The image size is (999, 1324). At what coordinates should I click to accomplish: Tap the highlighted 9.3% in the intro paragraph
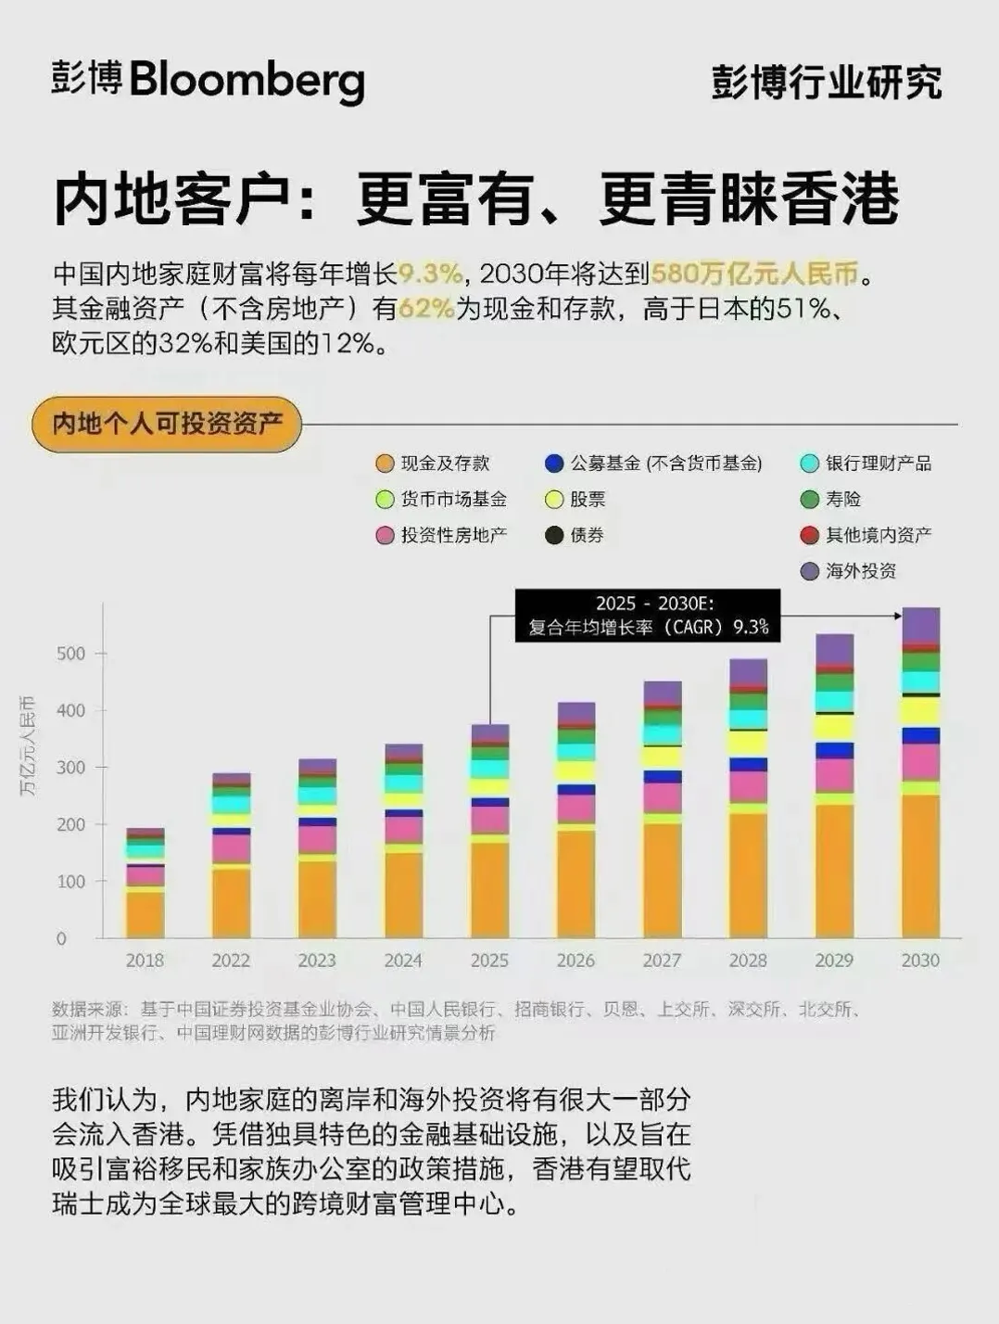pyautogui.click(x=431, y=274)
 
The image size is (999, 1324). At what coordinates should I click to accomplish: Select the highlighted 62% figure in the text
pyautogui.click(x=425, y=309)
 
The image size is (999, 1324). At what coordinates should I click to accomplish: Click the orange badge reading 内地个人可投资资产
pyautogui.click(x=167, y=424)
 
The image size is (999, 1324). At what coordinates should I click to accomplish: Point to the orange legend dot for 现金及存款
pyautogui.click(x=386, y=464)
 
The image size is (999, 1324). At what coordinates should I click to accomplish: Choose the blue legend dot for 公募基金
pyautogui.click(x=554, y=464)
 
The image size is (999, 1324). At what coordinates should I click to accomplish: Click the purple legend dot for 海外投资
pyautogui.click(x=810, y=571)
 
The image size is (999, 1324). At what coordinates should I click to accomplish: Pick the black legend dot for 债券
pyautogui.click(x=554, y=535)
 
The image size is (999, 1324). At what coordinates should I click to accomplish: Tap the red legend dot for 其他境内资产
pyautogui.click(x=810, y=535)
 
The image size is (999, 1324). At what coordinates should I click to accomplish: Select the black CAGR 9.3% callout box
pyautogui.click(x=648, y=615)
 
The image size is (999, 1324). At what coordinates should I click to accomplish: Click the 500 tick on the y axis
pyautogui.click(x=70, y=654)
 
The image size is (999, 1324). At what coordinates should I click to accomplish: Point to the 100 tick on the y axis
pyautogui.click(x=70, y=882)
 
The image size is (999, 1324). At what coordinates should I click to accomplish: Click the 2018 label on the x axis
pyautogui.click(x=145, y=961)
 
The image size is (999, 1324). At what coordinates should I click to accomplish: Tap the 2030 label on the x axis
pyautogui.click(x=920, y=961)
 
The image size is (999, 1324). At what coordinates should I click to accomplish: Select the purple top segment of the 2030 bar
pyautogui.click(x=920, y=625)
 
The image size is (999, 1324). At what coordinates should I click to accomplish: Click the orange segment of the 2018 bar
pyautogui.click(x=145, y=913)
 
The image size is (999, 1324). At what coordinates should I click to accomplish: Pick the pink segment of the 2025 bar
pyautogui.click(x=489, y=820)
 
